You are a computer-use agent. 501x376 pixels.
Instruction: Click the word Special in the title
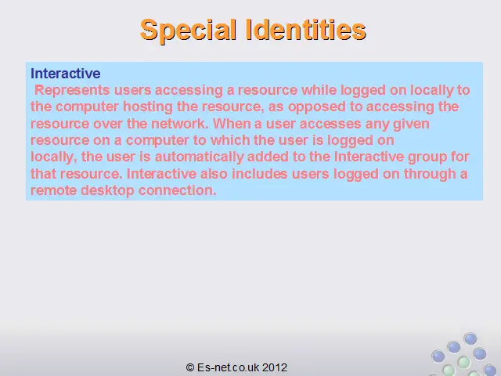(188, 31)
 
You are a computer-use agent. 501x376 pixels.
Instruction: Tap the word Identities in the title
(306, 30)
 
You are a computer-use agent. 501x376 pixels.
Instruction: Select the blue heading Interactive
(66, 74)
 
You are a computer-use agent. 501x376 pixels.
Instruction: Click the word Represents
(72, 91)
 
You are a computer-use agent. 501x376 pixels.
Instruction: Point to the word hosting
(148, 107)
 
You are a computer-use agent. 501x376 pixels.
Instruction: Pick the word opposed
(316, 107)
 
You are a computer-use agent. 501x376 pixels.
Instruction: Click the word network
(179, 124)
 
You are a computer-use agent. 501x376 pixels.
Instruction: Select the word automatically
(200, 157)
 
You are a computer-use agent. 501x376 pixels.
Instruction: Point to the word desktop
(107, 191)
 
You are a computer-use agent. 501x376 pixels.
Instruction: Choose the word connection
(178, 190)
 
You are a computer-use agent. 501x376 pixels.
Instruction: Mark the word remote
(53, 191)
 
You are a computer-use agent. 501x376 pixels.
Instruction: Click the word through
(430, 174)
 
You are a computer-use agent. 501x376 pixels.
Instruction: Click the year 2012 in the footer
(275, 367)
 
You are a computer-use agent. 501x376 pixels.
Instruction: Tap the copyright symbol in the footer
(190, 367)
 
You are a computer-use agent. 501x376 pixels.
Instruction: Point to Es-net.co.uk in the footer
(229, 367)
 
